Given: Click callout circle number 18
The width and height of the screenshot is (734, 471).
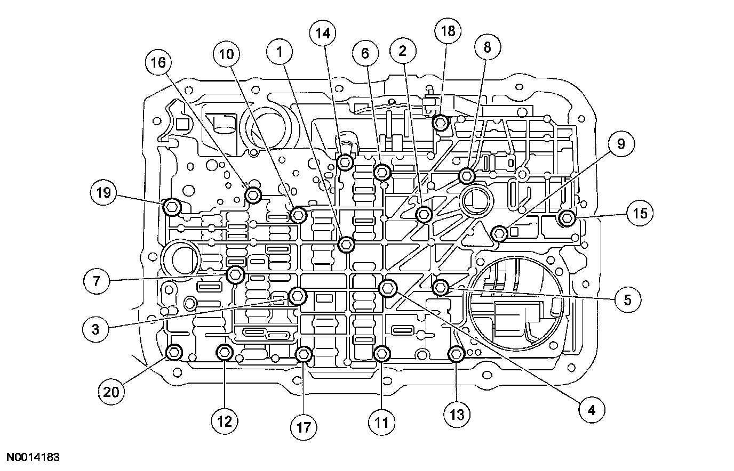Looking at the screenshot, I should pyautogui.click(x=448, y=31).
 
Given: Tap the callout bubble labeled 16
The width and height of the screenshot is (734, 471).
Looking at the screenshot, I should pyautogui.click(x=158, y=62).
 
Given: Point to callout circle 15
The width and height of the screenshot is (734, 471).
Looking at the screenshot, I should pyautogui.click(x=640, y=213).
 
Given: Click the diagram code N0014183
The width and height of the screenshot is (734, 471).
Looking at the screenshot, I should pyautogui.click(x=33, y=457).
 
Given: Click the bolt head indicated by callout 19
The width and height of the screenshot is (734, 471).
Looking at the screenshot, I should pyautogui.click(x=173, y=206).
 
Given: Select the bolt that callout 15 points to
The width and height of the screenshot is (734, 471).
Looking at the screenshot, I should pyautogui.click(x=567, y=217).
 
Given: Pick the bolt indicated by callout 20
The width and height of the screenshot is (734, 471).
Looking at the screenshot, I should pyautogui.click(x=174, y=352).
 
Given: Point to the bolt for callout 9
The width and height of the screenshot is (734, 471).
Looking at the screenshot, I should pyautogui.click(x=500, y=233).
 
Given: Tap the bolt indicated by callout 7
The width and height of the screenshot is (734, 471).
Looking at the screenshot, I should pyautogui.click(x=235, y=275).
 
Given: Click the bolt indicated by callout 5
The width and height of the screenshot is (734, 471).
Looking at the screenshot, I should pyautogui.click(x=440, y=288).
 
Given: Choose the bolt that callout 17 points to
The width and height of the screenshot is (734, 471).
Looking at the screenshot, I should pyautogui.click(x=304, y=354).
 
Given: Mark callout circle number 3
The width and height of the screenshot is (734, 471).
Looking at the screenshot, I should pyautogui.click(x=95, y=329).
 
